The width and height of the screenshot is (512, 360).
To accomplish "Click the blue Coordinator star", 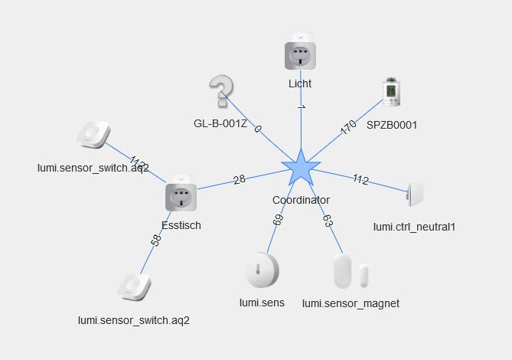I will pos(301,169).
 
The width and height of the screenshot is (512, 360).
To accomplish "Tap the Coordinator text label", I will pos(301,200).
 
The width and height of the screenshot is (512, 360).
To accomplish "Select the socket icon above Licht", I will pos(300,53).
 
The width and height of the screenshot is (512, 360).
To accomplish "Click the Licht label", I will pos(300,83).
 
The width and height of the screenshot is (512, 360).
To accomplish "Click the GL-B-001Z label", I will pos(220,123).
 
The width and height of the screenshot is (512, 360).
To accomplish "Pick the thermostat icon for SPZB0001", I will pos(392,93).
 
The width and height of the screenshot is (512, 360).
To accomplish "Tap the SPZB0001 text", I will pos(392,124).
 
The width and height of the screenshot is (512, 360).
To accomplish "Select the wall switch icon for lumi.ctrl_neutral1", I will pos(415,195).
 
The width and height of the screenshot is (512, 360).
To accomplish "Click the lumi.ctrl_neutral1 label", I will pos(414,227).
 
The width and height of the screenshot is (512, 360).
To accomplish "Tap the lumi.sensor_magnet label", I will pos(351,303).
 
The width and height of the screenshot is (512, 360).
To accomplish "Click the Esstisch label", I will pos(181,225).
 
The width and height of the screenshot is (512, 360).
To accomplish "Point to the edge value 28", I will pos(240,179).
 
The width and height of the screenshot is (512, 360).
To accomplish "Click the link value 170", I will pos(348,127).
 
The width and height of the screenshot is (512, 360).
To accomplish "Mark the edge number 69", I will pos(278,221).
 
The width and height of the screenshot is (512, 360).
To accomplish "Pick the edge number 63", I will pos(328,221).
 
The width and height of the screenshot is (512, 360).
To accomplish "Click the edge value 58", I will pos(157,241).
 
